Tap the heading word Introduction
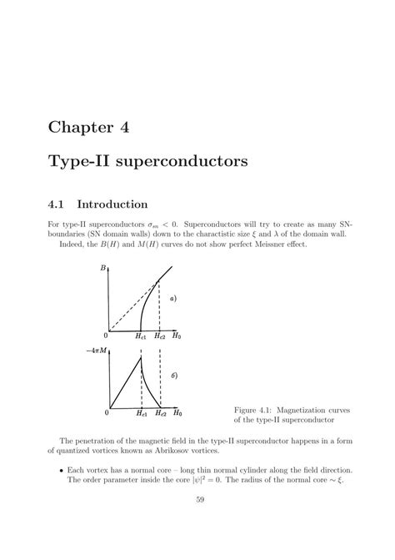coord(112,203)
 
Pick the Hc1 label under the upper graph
coord(141,335)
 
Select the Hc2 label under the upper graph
coord(160,335)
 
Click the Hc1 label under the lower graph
coord(141,413)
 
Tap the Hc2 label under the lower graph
coord(160,413)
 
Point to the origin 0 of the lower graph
coord(107,413)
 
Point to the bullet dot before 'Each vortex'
coord(62,470)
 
